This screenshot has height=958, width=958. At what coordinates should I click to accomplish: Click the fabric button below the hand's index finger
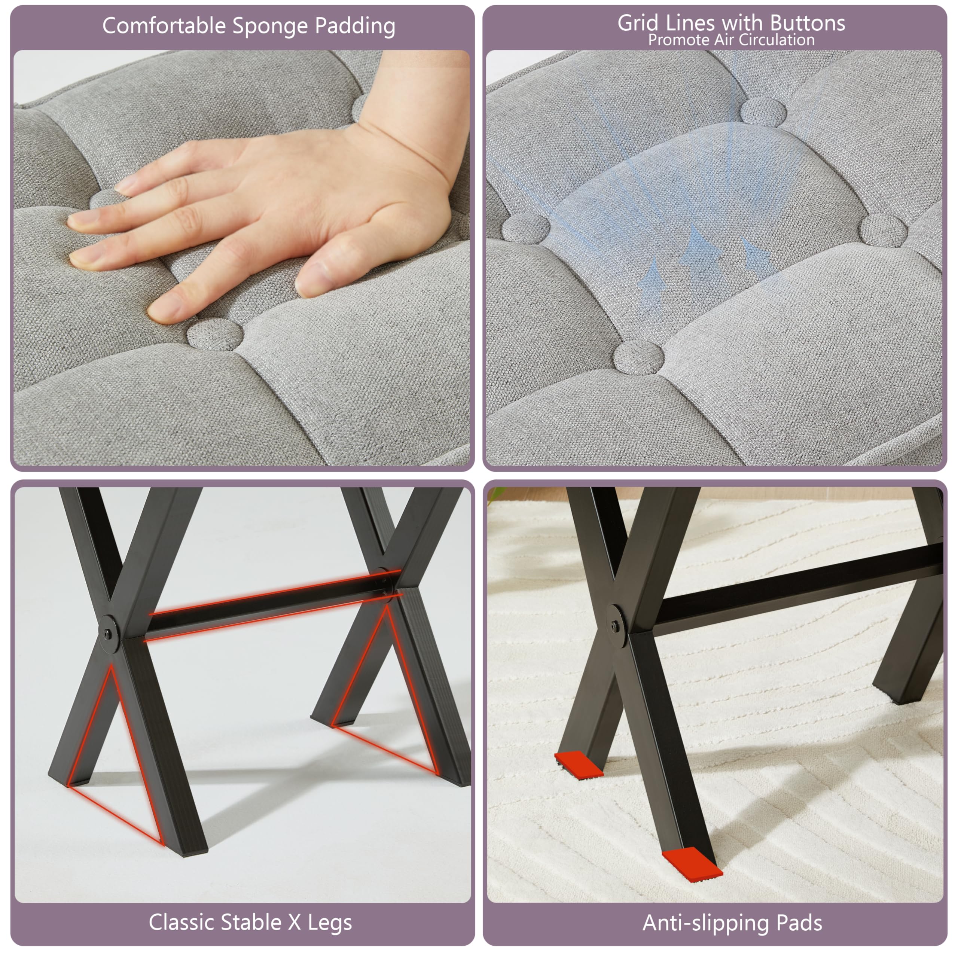(215, 334)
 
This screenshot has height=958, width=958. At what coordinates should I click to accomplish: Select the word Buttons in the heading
(808, 23)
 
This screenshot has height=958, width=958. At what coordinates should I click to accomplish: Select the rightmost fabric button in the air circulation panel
(884, 229)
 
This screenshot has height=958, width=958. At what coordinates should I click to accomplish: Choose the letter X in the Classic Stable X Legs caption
(295, 923)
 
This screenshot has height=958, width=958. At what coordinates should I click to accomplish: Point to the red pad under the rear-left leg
(578, 764)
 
